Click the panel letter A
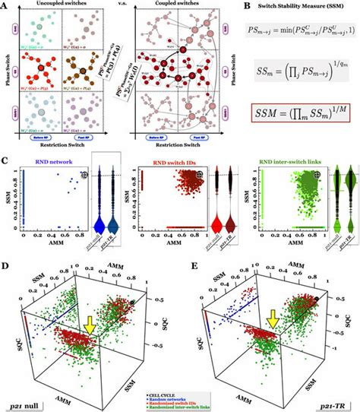[x=5, y=6]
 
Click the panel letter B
[x=235, y=6]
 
